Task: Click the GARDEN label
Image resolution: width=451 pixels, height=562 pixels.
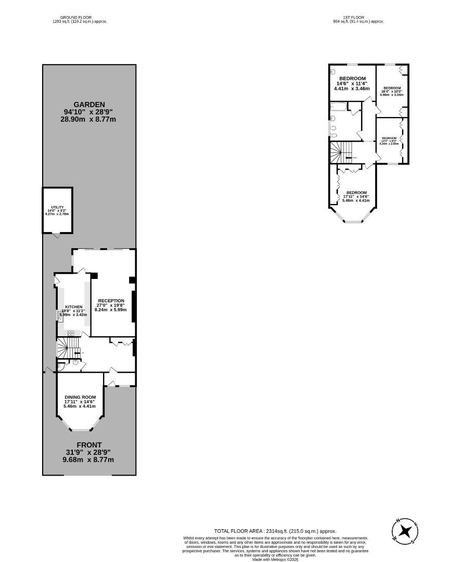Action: [89, 104]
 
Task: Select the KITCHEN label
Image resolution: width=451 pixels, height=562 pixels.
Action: [73, 307]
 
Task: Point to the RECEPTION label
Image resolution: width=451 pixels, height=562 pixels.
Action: [111, 301]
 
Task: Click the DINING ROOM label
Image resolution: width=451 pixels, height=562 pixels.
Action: [80, 397]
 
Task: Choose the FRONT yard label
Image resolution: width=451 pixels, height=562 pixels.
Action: [89, 445]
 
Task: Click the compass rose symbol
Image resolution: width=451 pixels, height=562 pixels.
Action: [406, 531]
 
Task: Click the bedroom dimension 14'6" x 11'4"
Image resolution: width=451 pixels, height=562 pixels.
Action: [352, 84]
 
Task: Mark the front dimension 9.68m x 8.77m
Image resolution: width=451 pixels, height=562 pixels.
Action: [89, 460]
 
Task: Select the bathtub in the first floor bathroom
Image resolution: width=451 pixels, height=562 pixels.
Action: [338, 107]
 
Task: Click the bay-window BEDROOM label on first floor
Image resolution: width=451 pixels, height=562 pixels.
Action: [356, 192]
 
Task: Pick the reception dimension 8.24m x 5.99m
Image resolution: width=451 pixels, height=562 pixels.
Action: [110, 310]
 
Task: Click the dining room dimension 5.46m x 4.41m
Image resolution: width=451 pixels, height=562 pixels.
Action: [80, 406]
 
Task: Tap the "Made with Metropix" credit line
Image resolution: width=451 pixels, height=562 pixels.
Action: [276, 559]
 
